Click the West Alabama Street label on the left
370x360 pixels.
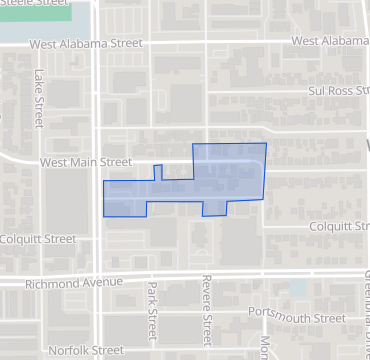coord(87,44)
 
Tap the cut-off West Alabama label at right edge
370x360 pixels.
coord(330,41)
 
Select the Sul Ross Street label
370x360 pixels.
coord(337,89)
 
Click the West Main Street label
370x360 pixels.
coord(86,161)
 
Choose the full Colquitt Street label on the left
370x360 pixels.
coord(38,239)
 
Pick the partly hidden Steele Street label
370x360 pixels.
coord(31,3)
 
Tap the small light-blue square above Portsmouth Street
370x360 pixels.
coord(296,288)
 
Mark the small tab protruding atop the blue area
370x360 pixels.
coord(157,171)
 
